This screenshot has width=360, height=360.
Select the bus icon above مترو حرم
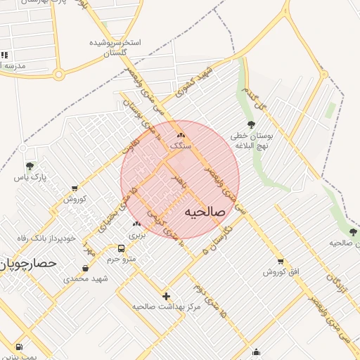click(x=122, y=248)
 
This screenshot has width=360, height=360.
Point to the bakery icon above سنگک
click(x=181, y=134)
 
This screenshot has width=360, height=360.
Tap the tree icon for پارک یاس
click(x=30, y=167)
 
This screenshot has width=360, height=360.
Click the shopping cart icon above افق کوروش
click(x=281, y=261)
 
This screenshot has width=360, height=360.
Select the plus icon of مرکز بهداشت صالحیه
click(x=166, y=296)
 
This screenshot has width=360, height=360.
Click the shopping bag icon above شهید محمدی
click(x=86, y=268)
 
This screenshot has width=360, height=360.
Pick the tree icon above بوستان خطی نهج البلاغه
click(x=251, y=124)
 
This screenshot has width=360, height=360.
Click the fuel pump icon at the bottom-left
click(x=18, y=347)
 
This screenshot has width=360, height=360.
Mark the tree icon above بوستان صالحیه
click(x=353, y=231)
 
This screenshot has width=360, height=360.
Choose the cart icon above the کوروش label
click(x=75, y=188)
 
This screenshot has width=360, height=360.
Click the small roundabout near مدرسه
click(x=59, y=74)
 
